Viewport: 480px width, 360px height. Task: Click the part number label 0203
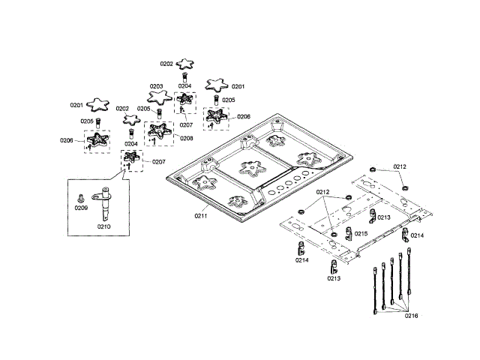[x=157, y=87]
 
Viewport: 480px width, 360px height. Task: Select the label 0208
[x=186, y=138]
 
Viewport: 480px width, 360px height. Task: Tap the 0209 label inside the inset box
[x=82, y=208]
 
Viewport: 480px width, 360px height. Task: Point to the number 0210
[x=103, y=225]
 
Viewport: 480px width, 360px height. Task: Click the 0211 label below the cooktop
[x=201, y=216]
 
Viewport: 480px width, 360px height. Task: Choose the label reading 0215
[x=361, y=234]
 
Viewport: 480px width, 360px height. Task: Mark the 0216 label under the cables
[x=411, y=316]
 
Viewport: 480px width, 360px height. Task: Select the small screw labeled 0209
[x=81, y=197]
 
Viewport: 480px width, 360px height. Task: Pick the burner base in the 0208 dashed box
[x=157, y=132]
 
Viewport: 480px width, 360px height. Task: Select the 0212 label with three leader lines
[x=323, y=193]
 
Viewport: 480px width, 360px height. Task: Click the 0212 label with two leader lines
[x=400, y=166]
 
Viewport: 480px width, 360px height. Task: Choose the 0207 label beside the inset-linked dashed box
[x=159, y=162]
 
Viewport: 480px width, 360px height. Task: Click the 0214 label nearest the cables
[x=417, y=235]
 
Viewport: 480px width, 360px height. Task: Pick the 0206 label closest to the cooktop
[x=244, y=116]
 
